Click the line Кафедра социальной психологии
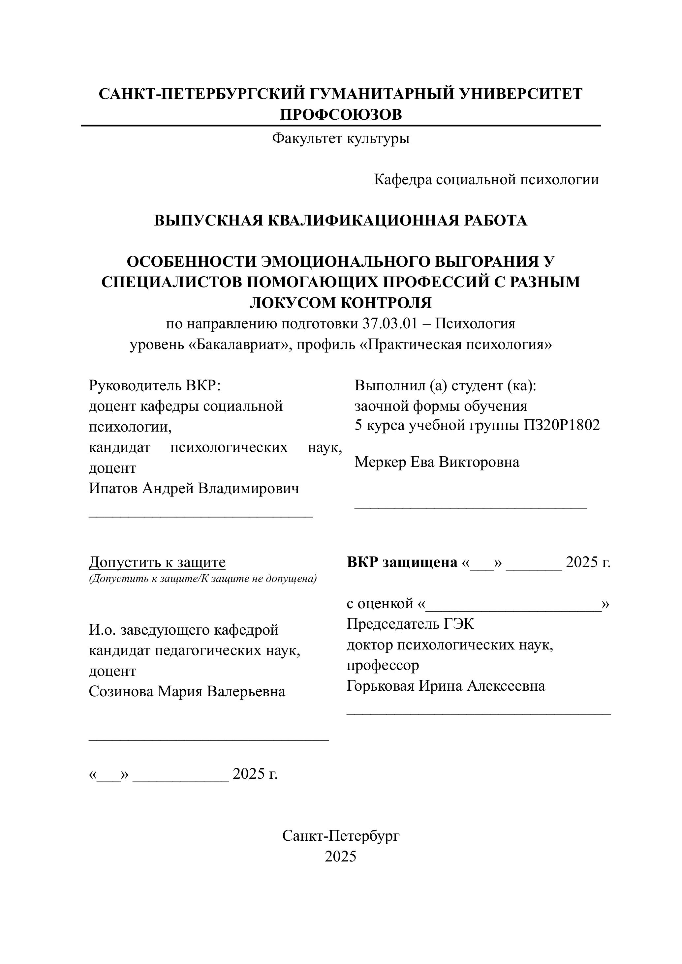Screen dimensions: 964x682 486,180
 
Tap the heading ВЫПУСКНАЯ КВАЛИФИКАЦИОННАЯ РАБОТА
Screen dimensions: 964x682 341,221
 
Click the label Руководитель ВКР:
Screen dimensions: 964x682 155,385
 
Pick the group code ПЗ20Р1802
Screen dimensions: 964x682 562,425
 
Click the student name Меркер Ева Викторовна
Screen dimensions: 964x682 437,462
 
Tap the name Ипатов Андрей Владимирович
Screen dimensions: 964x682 194,488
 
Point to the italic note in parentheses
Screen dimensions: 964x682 202,579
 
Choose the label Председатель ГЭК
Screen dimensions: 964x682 410,624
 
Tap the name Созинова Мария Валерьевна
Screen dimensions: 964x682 187,691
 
